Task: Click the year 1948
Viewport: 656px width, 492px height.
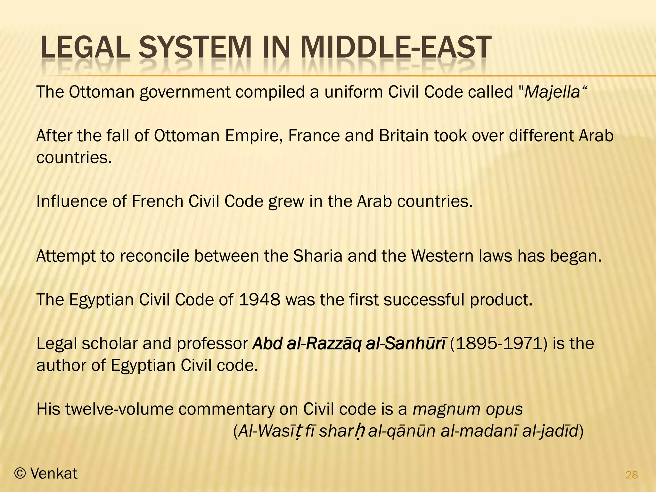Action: [x=259, y=300]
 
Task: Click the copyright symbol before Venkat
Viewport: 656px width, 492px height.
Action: [x=20, y=474]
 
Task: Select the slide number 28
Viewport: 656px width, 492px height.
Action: [x=632, y=475]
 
